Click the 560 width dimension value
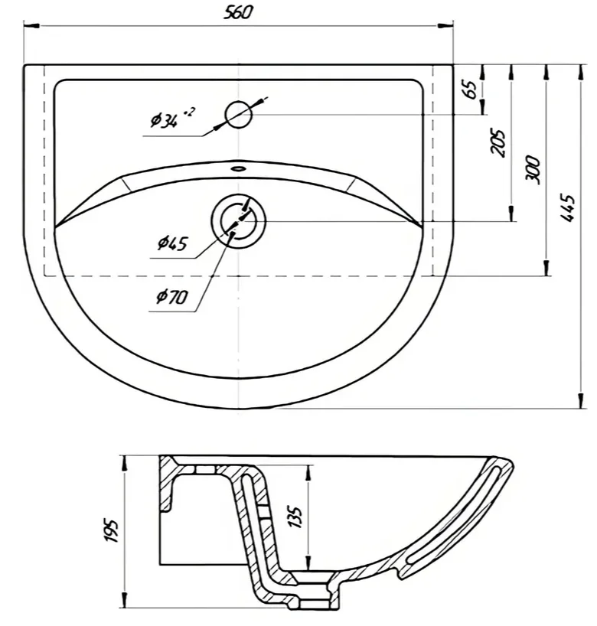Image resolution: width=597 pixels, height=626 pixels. click(238, 12)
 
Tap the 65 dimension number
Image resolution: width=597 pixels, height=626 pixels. click(471, 90)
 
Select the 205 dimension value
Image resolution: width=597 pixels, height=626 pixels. click(498, 142)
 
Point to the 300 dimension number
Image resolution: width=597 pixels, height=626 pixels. click(532, 170)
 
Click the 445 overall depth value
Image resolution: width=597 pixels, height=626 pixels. click(567, 207)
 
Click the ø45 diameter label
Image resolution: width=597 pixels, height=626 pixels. click(172, 243)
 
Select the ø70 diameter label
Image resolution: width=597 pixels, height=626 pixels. click(172, 296)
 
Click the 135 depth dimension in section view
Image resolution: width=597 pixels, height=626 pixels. click(295, 517)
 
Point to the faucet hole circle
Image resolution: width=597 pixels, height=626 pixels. click(238, 115)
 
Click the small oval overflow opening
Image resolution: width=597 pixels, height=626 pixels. click(239, 168)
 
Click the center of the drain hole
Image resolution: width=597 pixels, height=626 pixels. click(239, 221)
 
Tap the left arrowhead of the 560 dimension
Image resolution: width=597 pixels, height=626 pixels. click(31, 26)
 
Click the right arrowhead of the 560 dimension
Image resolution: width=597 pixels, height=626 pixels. click(445, 26)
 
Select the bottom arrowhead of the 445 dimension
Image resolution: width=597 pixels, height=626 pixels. click(581, 400)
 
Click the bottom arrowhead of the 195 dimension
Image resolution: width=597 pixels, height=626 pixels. click(125, 600)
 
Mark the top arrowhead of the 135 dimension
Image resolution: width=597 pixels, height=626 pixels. click(308, 473)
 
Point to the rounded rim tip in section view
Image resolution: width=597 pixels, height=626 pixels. click(507, 463)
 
